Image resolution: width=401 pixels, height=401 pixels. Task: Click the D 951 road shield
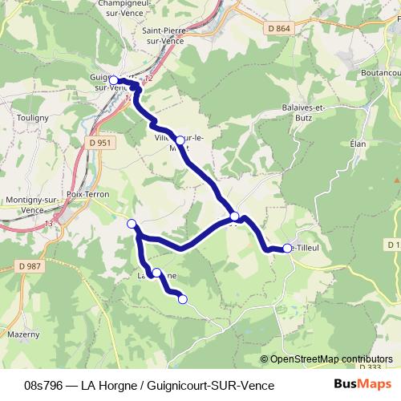[95, 143]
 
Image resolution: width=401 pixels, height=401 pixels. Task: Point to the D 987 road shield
[29, 265]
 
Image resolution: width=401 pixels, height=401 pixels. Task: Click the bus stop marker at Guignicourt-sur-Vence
[113, 79]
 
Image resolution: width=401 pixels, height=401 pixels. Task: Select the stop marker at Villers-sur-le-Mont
[180, 140]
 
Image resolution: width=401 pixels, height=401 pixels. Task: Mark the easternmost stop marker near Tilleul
[287, 249]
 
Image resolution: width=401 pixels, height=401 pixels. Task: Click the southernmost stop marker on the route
[182, 299]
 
